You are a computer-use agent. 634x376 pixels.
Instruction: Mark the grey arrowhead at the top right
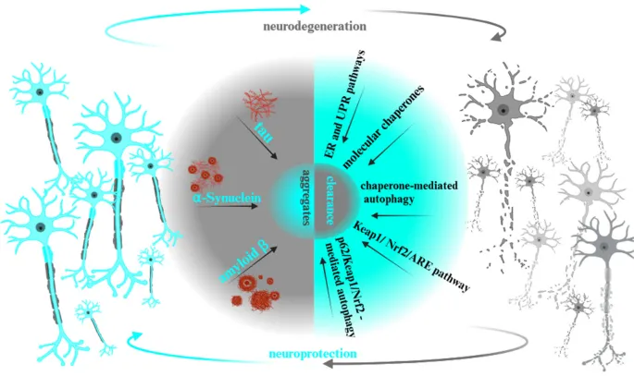(x=501, y=37)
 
